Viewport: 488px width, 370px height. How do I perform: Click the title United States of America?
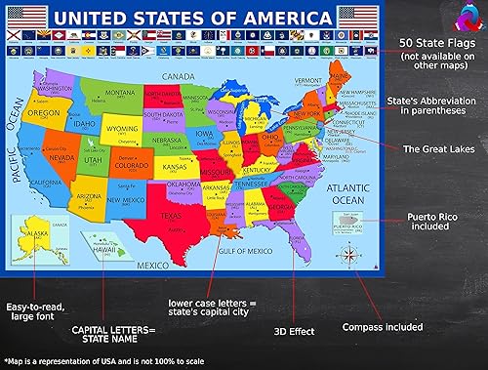(x=190, y=18)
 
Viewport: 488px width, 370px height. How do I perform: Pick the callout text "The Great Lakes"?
(x=439, y=149)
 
